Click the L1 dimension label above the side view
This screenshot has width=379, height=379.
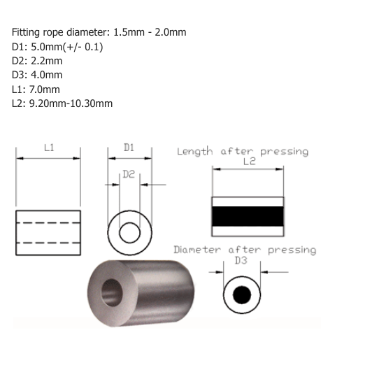point(49,148)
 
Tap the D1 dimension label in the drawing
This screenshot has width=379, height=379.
point(129,148)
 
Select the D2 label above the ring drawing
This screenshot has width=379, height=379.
point(129,174)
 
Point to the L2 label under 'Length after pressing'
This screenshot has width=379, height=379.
point(250,162)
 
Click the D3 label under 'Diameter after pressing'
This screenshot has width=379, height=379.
point(241,261)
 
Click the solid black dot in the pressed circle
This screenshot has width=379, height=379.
point(242,295)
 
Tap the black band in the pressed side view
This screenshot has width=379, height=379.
point(248,216)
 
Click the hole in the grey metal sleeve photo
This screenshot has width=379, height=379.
point(112,293)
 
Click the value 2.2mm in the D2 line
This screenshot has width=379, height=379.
point(46,61)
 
